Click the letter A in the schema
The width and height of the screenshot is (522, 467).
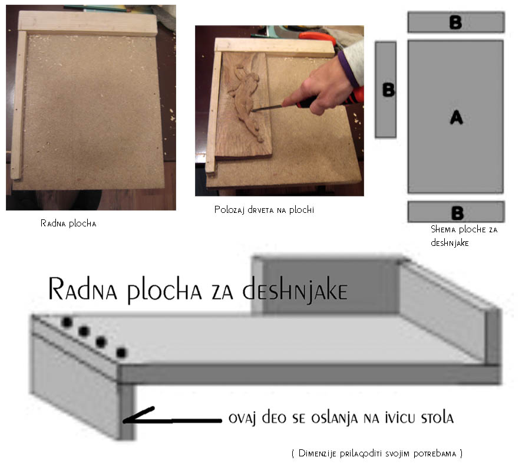point(457,117)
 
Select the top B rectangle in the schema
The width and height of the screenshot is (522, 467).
point(456,22)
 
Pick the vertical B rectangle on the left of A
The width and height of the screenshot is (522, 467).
point(385,89)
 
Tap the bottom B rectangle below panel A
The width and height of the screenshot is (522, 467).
point(456,212)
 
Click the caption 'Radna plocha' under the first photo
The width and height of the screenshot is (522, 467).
point(68,223)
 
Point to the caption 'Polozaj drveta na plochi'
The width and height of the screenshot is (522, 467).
point(264,209)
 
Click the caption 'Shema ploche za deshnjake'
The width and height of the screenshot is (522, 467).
point(464,236)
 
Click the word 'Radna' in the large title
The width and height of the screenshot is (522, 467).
point(83,288)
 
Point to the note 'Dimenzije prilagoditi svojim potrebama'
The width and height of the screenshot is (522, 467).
point(377,453)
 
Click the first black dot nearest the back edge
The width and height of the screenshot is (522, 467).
point(67,322)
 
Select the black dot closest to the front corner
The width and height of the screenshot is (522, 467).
point(121,353)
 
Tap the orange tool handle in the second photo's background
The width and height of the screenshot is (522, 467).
point(318,38)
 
